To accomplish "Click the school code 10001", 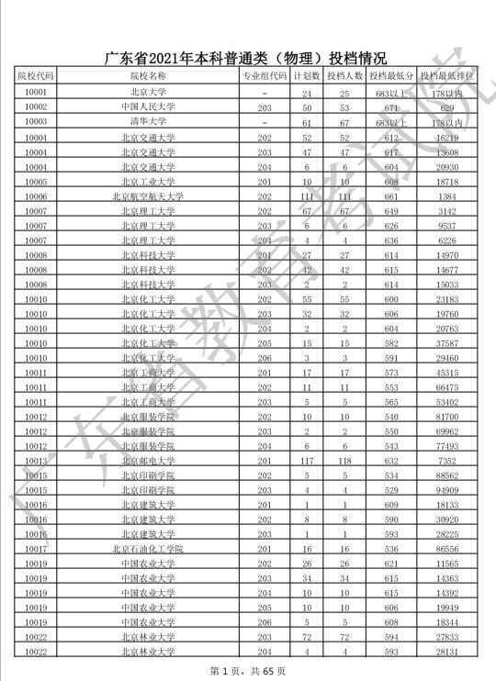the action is pyautogui.click(x=37, y=93).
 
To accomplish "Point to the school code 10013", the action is pyautogui.click(x=37, y=460).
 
